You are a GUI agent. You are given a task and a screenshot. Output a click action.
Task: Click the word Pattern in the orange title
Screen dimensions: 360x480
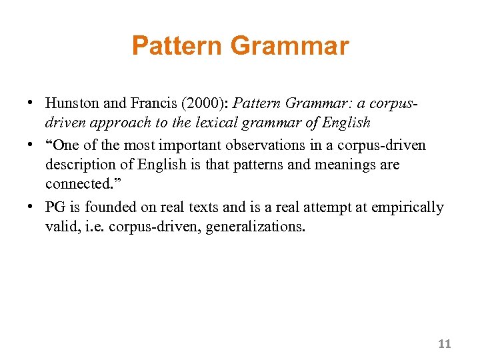coord(177,47)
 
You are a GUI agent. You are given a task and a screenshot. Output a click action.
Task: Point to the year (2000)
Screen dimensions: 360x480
coord(205,103)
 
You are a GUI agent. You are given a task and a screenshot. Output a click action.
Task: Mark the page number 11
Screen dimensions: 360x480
coord(445,344)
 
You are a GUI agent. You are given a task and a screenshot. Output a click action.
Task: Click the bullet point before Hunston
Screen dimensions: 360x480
coord(31,104)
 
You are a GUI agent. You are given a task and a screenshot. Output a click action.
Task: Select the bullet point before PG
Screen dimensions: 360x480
coord(31,208)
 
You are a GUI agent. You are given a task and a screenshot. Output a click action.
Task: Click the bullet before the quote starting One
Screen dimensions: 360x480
coord(31,145)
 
